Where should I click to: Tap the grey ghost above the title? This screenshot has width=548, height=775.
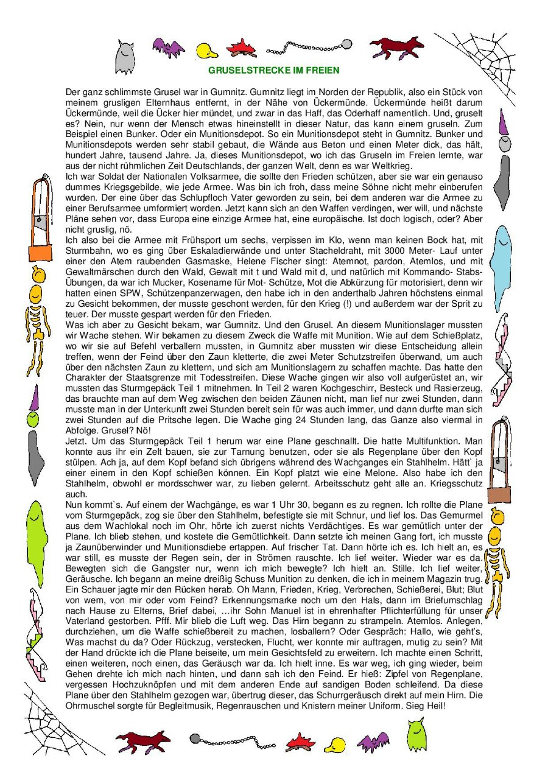coord(125,57)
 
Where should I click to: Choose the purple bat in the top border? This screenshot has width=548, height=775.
coord(169,47)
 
